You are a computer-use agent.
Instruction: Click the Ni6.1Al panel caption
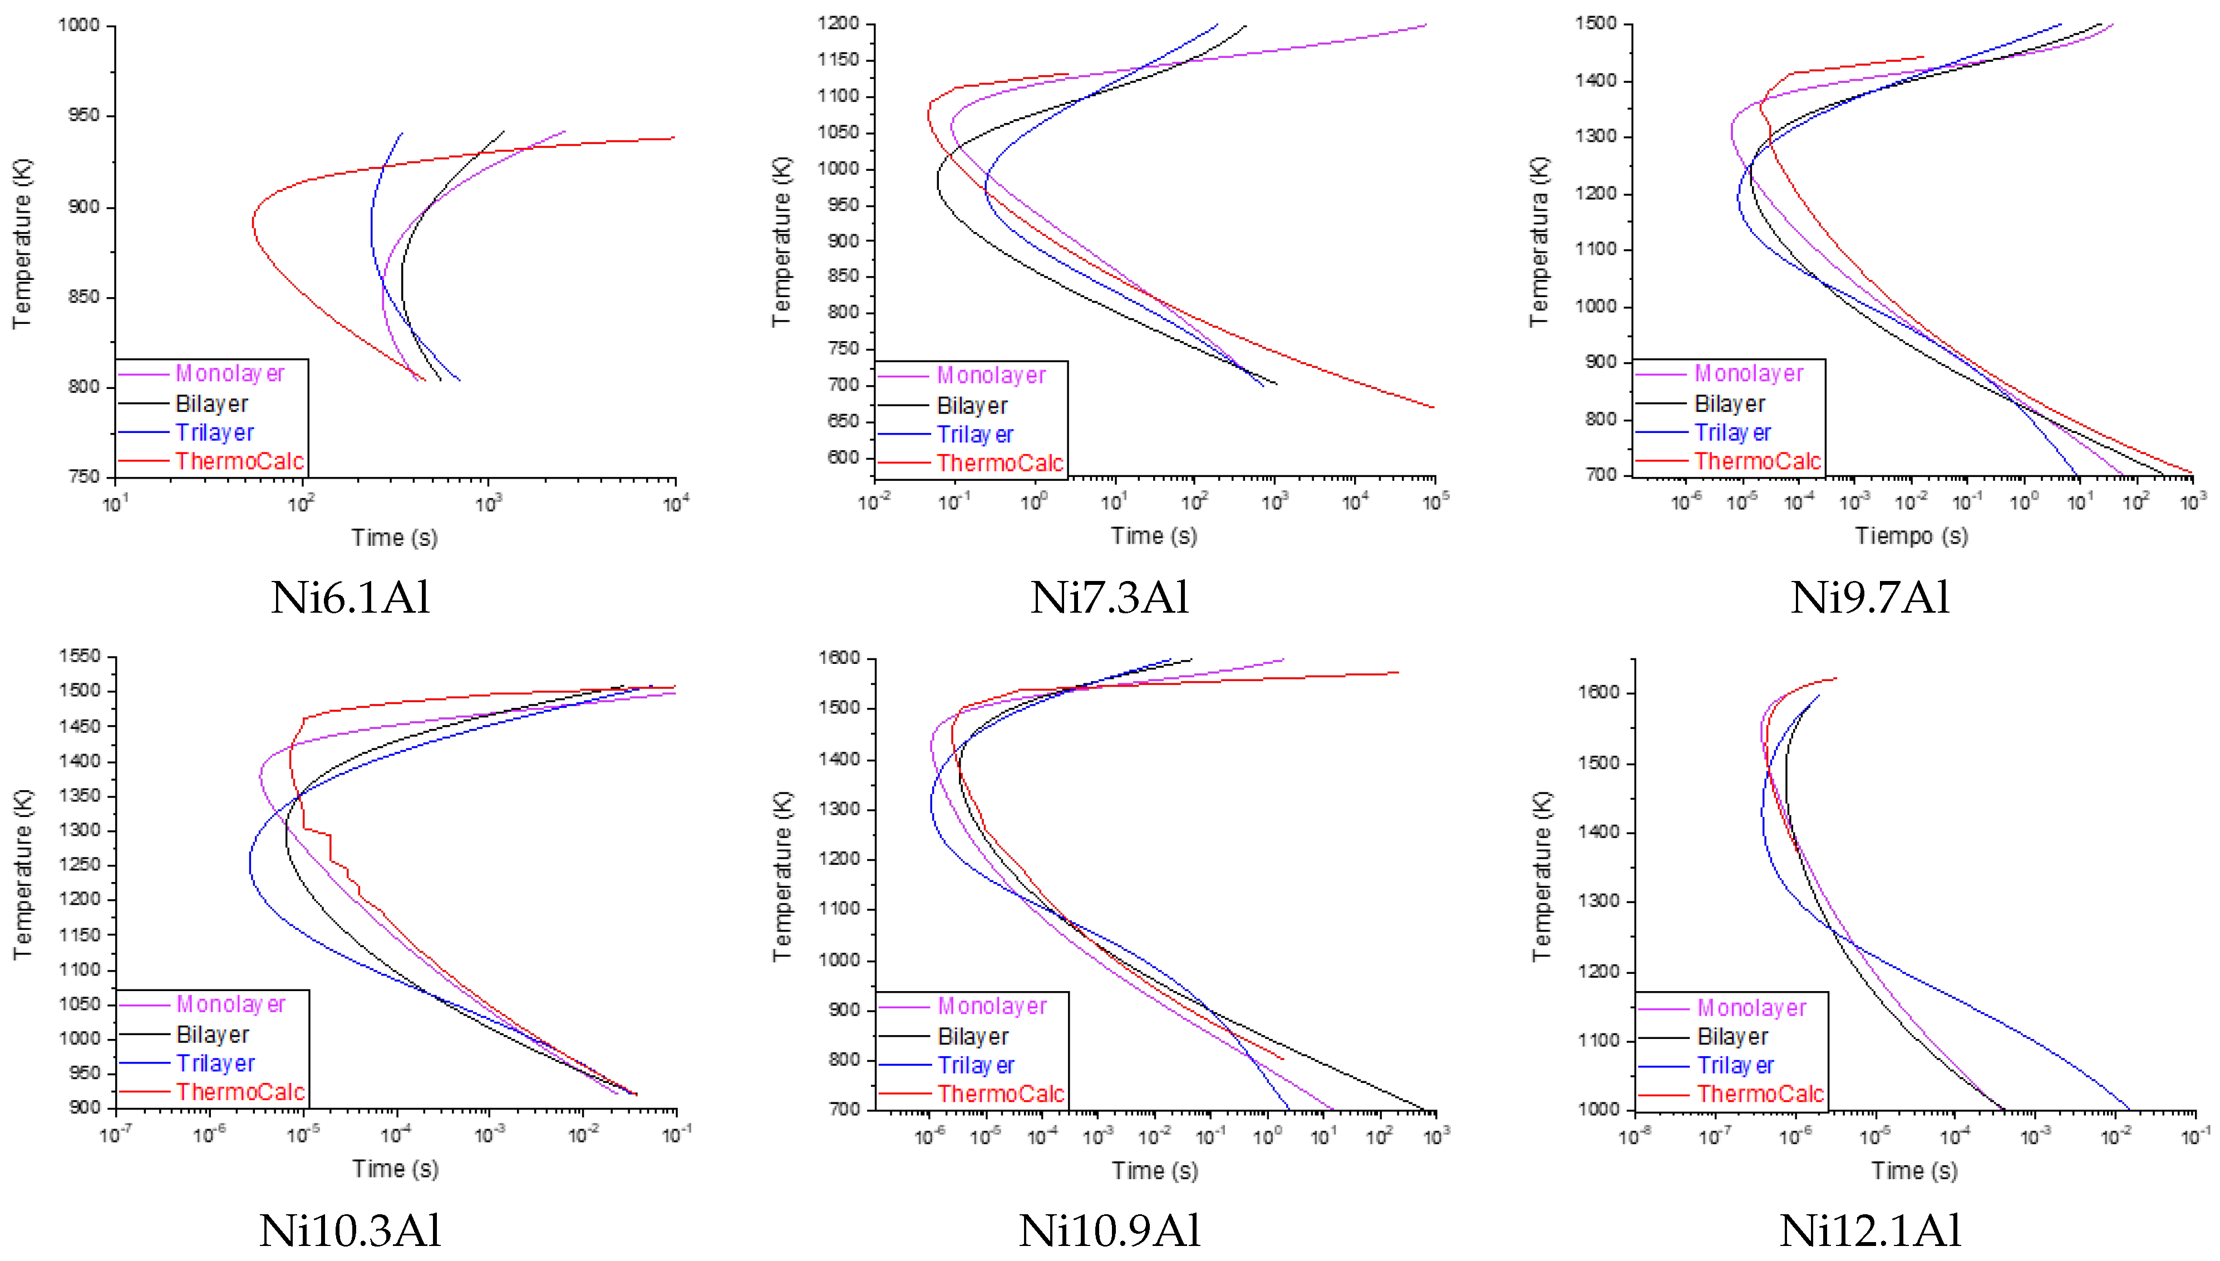click(350, 598)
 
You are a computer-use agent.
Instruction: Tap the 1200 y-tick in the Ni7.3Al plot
click(838, 23)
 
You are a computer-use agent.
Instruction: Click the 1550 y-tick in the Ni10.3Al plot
click(80, 657)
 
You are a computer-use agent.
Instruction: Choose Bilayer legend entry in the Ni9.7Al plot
click(1729, 405)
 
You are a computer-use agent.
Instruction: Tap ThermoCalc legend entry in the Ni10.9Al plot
click(1001, 1094)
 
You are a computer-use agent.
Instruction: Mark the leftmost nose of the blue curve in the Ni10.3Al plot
click(249, 864)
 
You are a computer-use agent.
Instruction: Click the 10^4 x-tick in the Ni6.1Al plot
click(676, 503)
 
